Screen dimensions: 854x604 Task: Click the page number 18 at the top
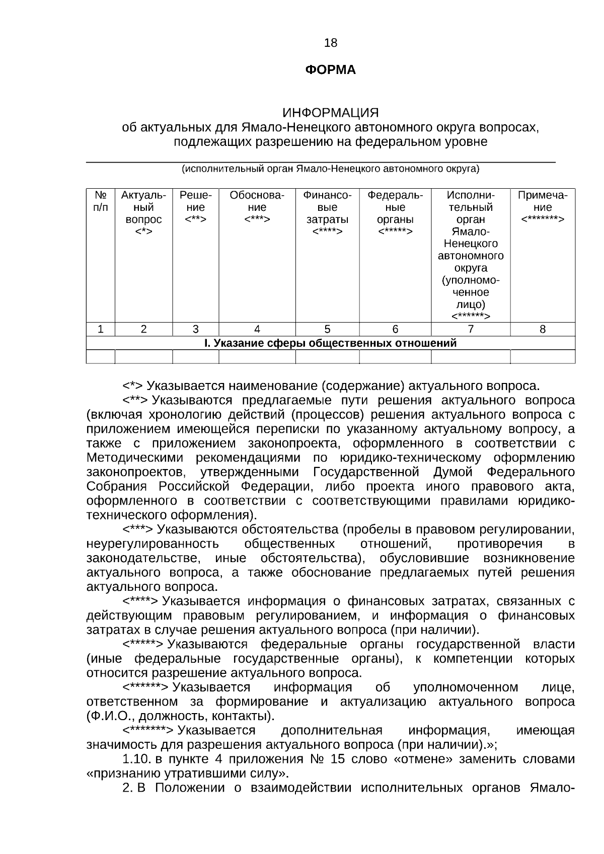[331, 43]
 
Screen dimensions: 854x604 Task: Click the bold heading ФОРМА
[330, 70]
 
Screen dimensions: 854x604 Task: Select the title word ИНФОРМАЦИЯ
[330, 112]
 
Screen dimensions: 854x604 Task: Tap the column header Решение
[195, 207]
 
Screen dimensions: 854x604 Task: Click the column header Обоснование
[257, 207]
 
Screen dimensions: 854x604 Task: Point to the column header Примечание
[543, 207]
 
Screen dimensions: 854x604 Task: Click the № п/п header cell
[101, 201]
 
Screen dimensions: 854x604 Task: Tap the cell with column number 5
[327, 330]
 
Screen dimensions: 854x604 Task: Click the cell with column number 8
[543, 330]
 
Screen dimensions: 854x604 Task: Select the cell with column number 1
[101, 330]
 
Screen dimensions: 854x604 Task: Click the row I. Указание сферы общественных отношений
[330, 343]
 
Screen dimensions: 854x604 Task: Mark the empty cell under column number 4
[257, 357]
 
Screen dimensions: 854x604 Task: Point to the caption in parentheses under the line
[330, 169]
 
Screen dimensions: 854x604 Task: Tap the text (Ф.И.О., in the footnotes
[108, 716]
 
